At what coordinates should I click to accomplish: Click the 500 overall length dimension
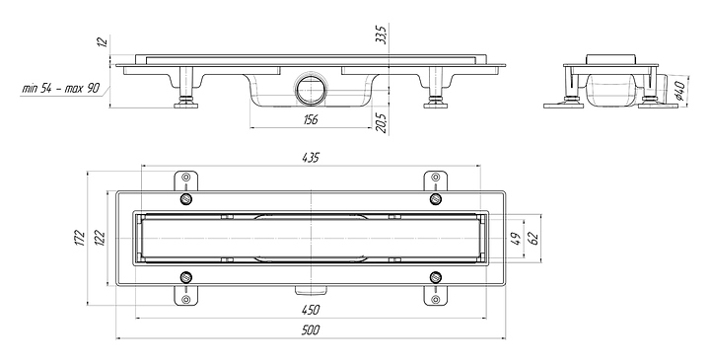coord(311,330)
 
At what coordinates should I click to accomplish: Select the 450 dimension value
coord(311,310)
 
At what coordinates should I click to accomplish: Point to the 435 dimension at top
coord(311,158)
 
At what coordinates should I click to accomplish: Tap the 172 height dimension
coord(79,238)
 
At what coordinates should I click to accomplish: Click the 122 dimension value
coord(100,238)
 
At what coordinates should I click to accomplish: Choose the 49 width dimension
coord(516,238)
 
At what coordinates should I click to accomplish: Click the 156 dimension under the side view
coord(311,119)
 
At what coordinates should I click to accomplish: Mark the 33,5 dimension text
coord(382,35)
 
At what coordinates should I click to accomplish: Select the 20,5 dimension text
coord(382,123)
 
